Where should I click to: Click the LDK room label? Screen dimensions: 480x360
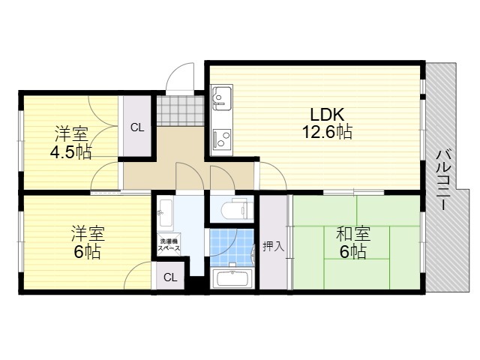pos(327,115)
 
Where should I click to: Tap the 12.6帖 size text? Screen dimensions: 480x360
pos(327,132)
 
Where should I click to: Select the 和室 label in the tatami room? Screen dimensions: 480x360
pos(353,234)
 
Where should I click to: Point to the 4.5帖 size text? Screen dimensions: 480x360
pos(71,151)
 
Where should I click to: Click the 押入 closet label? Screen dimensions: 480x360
pos(274,247)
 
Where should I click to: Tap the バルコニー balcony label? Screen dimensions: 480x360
pos(444,180)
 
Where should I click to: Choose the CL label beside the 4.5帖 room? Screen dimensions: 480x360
pos(137,127)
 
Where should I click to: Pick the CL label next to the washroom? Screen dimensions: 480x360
pos(170,277)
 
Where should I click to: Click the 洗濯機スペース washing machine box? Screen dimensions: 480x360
pos(169,244)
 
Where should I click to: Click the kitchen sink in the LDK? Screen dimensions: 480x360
pos(221,97)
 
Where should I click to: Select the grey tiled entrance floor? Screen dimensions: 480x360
pos(180,111)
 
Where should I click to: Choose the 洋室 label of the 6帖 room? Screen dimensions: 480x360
pos(88,233)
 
